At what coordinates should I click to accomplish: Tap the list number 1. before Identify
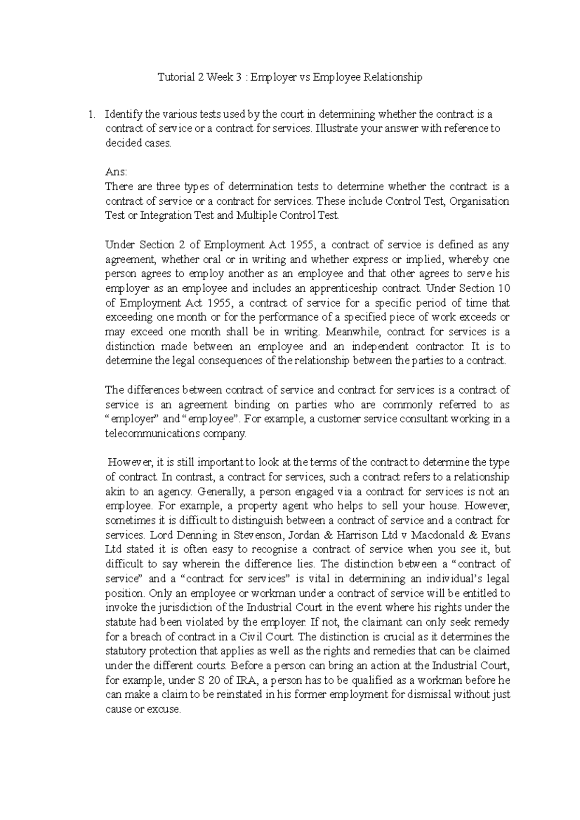[x=89, y=115]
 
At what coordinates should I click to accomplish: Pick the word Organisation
[x=479, y=201]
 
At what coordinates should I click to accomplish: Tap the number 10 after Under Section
[x=504, y=289]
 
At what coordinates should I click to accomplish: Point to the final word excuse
[x=164, y=709]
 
